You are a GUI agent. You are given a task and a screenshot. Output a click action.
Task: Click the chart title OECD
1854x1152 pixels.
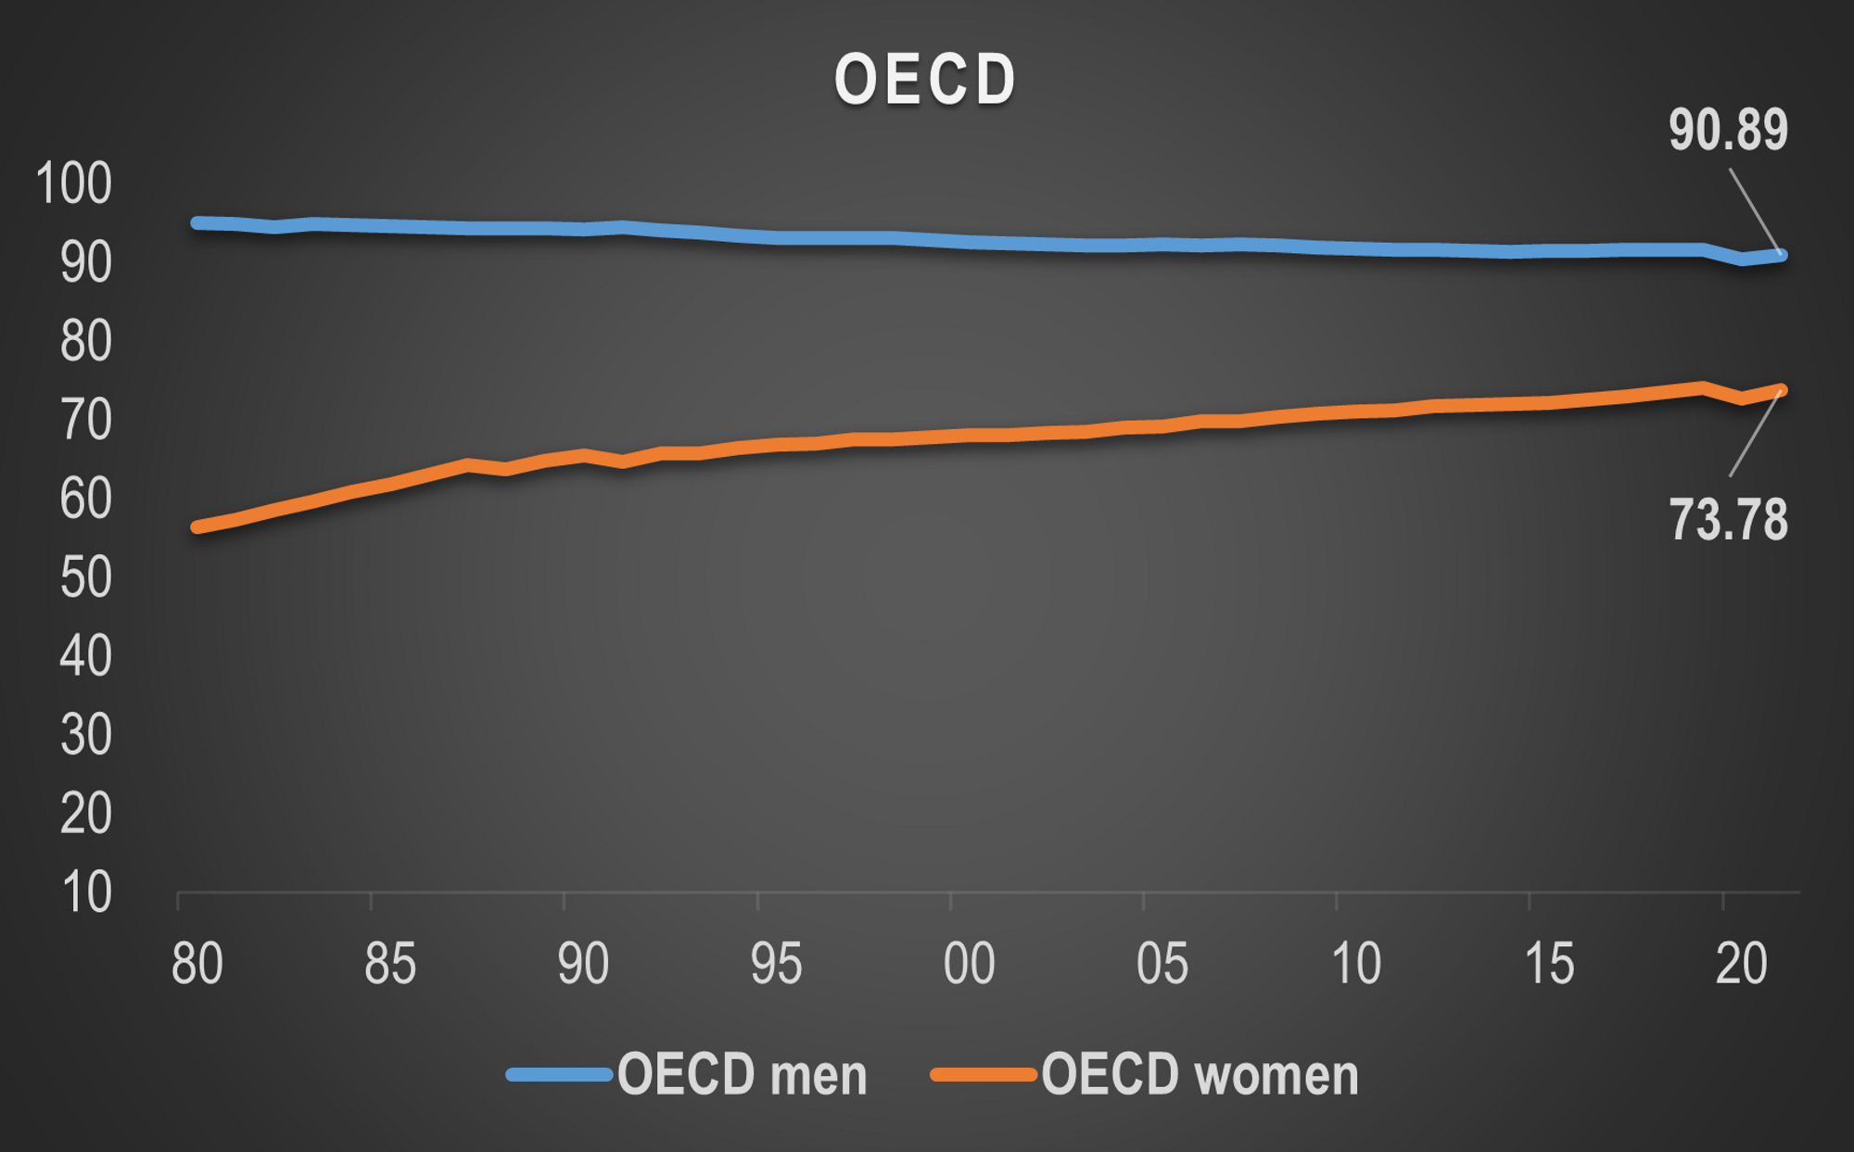(925, 80)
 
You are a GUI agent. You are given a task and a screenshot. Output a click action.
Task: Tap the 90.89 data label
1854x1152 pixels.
(1728, 130)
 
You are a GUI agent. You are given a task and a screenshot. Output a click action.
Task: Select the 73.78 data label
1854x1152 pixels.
(1728, 519)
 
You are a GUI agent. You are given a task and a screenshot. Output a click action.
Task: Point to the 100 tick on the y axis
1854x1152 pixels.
(73, 183)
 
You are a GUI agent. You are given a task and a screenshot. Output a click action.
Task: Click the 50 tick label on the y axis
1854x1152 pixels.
(85, 577)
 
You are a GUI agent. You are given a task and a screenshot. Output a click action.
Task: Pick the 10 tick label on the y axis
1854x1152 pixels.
(86, 892)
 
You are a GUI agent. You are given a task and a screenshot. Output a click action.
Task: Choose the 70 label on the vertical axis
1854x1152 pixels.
(85, 420)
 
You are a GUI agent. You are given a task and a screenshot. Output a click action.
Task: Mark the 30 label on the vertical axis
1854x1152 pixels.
(85, 735)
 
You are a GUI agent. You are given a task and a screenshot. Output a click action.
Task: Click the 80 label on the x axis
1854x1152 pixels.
(197, 964)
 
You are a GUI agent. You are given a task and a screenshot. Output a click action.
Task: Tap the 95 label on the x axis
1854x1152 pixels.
(776, 964)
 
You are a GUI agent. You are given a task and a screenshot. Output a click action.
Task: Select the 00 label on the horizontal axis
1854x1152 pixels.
(969, 964)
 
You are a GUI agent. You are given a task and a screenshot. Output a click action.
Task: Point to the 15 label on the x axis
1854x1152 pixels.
(1549, 964)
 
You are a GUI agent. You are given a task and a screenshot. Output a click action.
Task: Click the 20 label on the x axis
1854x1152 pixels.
(1741, 964)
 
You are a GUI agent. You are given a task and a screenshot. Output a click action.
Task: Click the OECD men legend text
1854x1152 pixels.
(743, 1075)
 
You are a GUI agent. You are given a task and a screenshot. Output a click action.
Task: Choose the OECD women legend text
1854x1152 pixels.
(1200, 1075)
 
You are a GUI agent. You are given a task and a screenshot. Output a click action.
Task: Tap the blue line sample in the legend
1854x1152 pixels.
(559, 1075)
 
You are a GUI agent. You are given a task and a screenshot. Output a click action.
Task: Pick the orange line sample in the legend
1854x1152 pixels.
(984, 1075)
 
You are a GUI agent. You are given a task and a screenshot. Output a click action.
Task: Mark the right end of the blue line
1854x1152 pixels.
(1782, 256)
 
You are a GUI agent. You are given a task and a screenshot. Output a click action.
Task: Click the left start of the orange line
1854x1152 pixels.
(197, 526)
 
